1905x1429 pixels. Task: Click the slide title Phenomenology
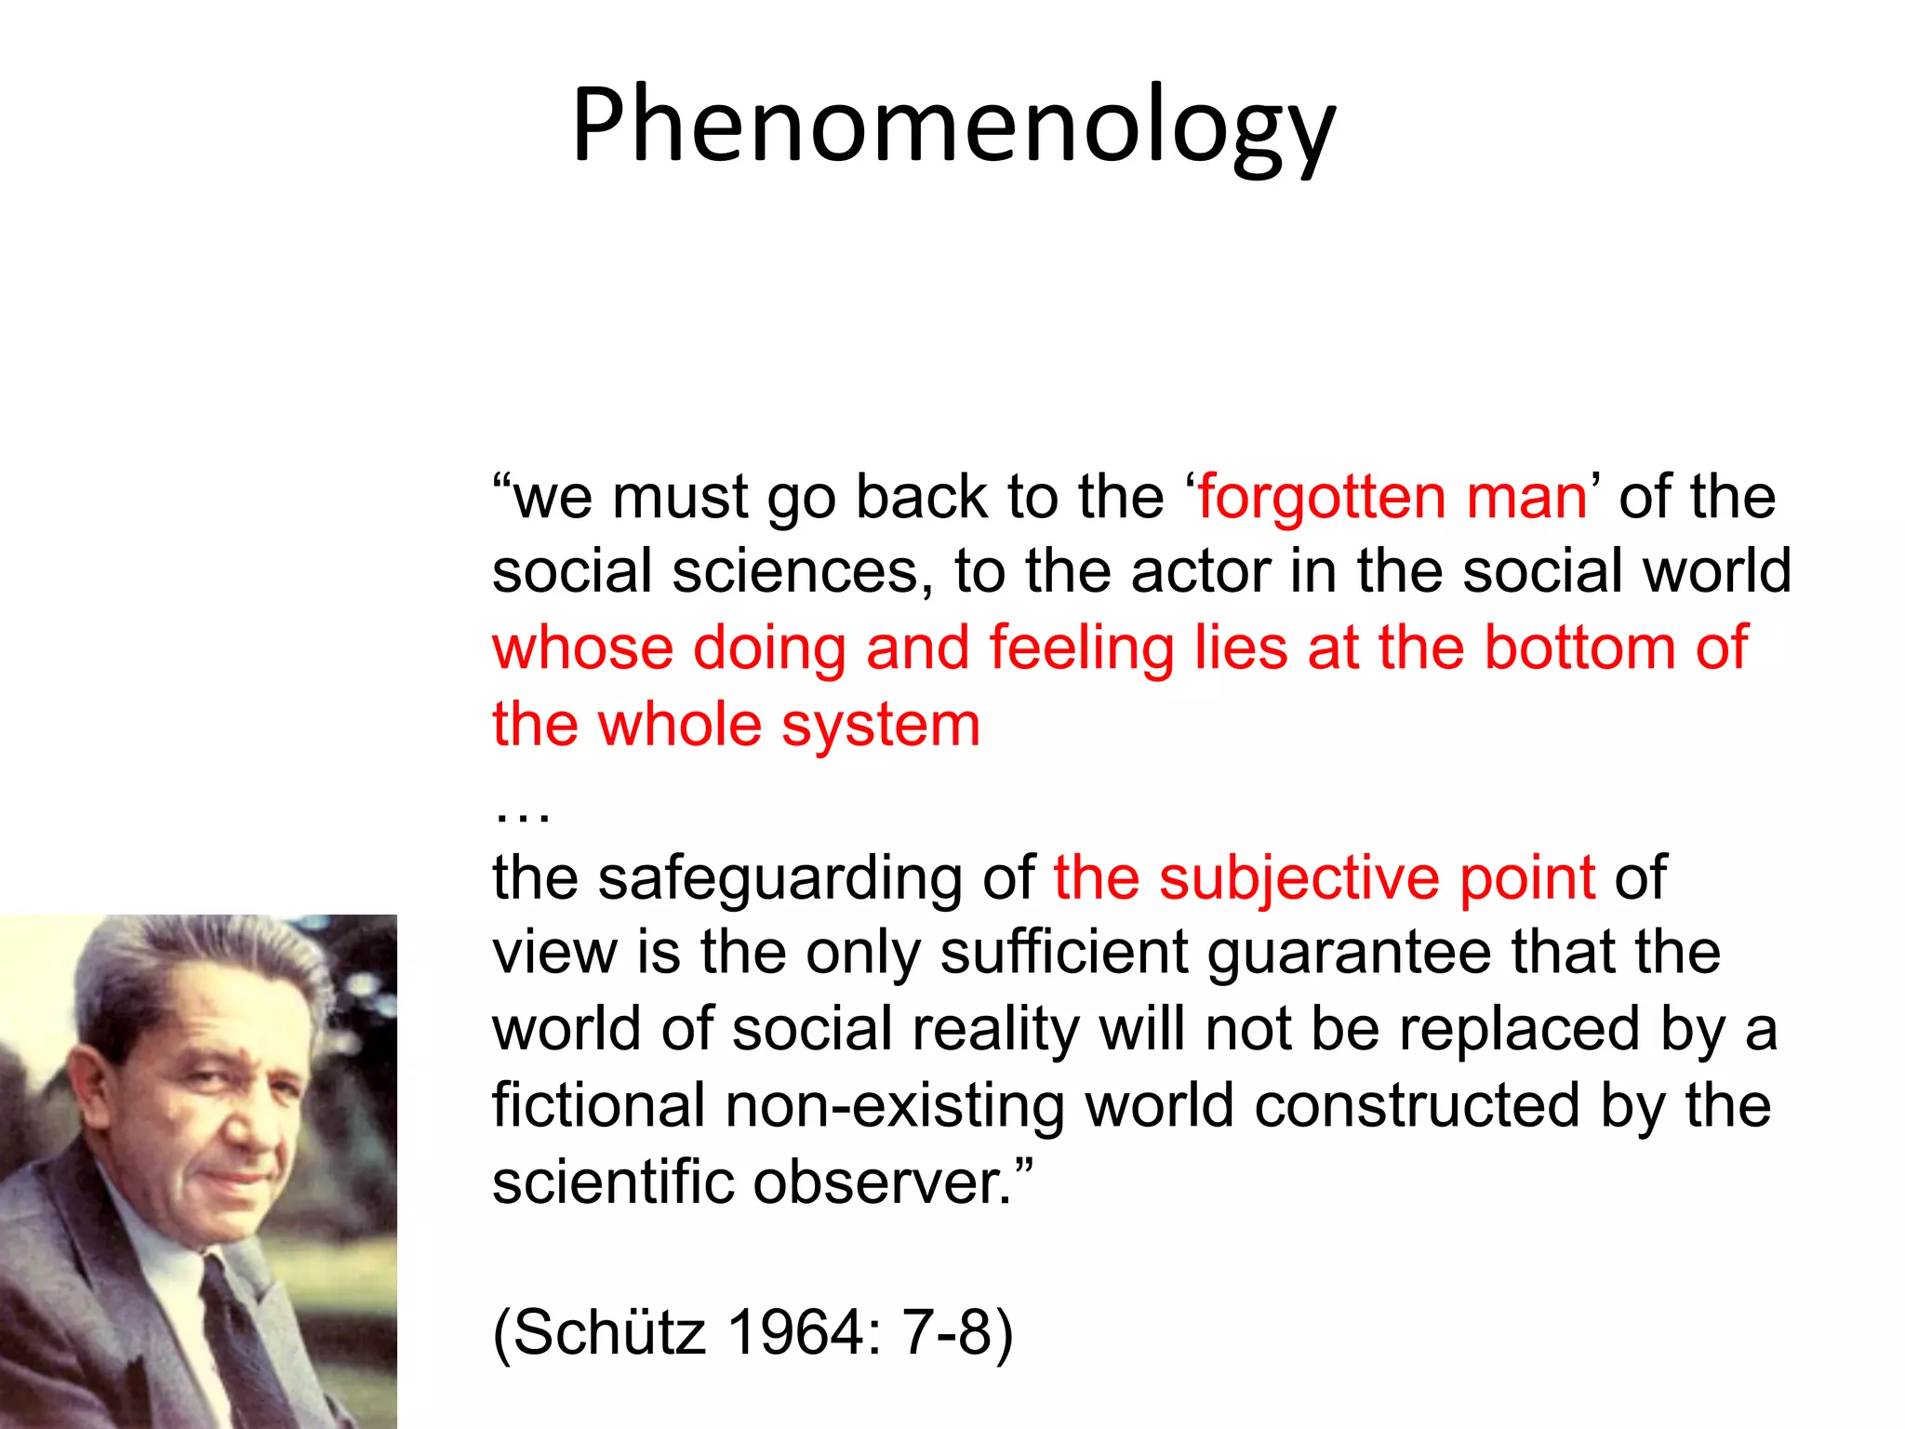952,127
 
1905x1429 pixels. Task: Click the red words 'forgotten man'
1392,497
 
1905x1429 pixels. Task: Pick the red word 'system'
880,726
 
